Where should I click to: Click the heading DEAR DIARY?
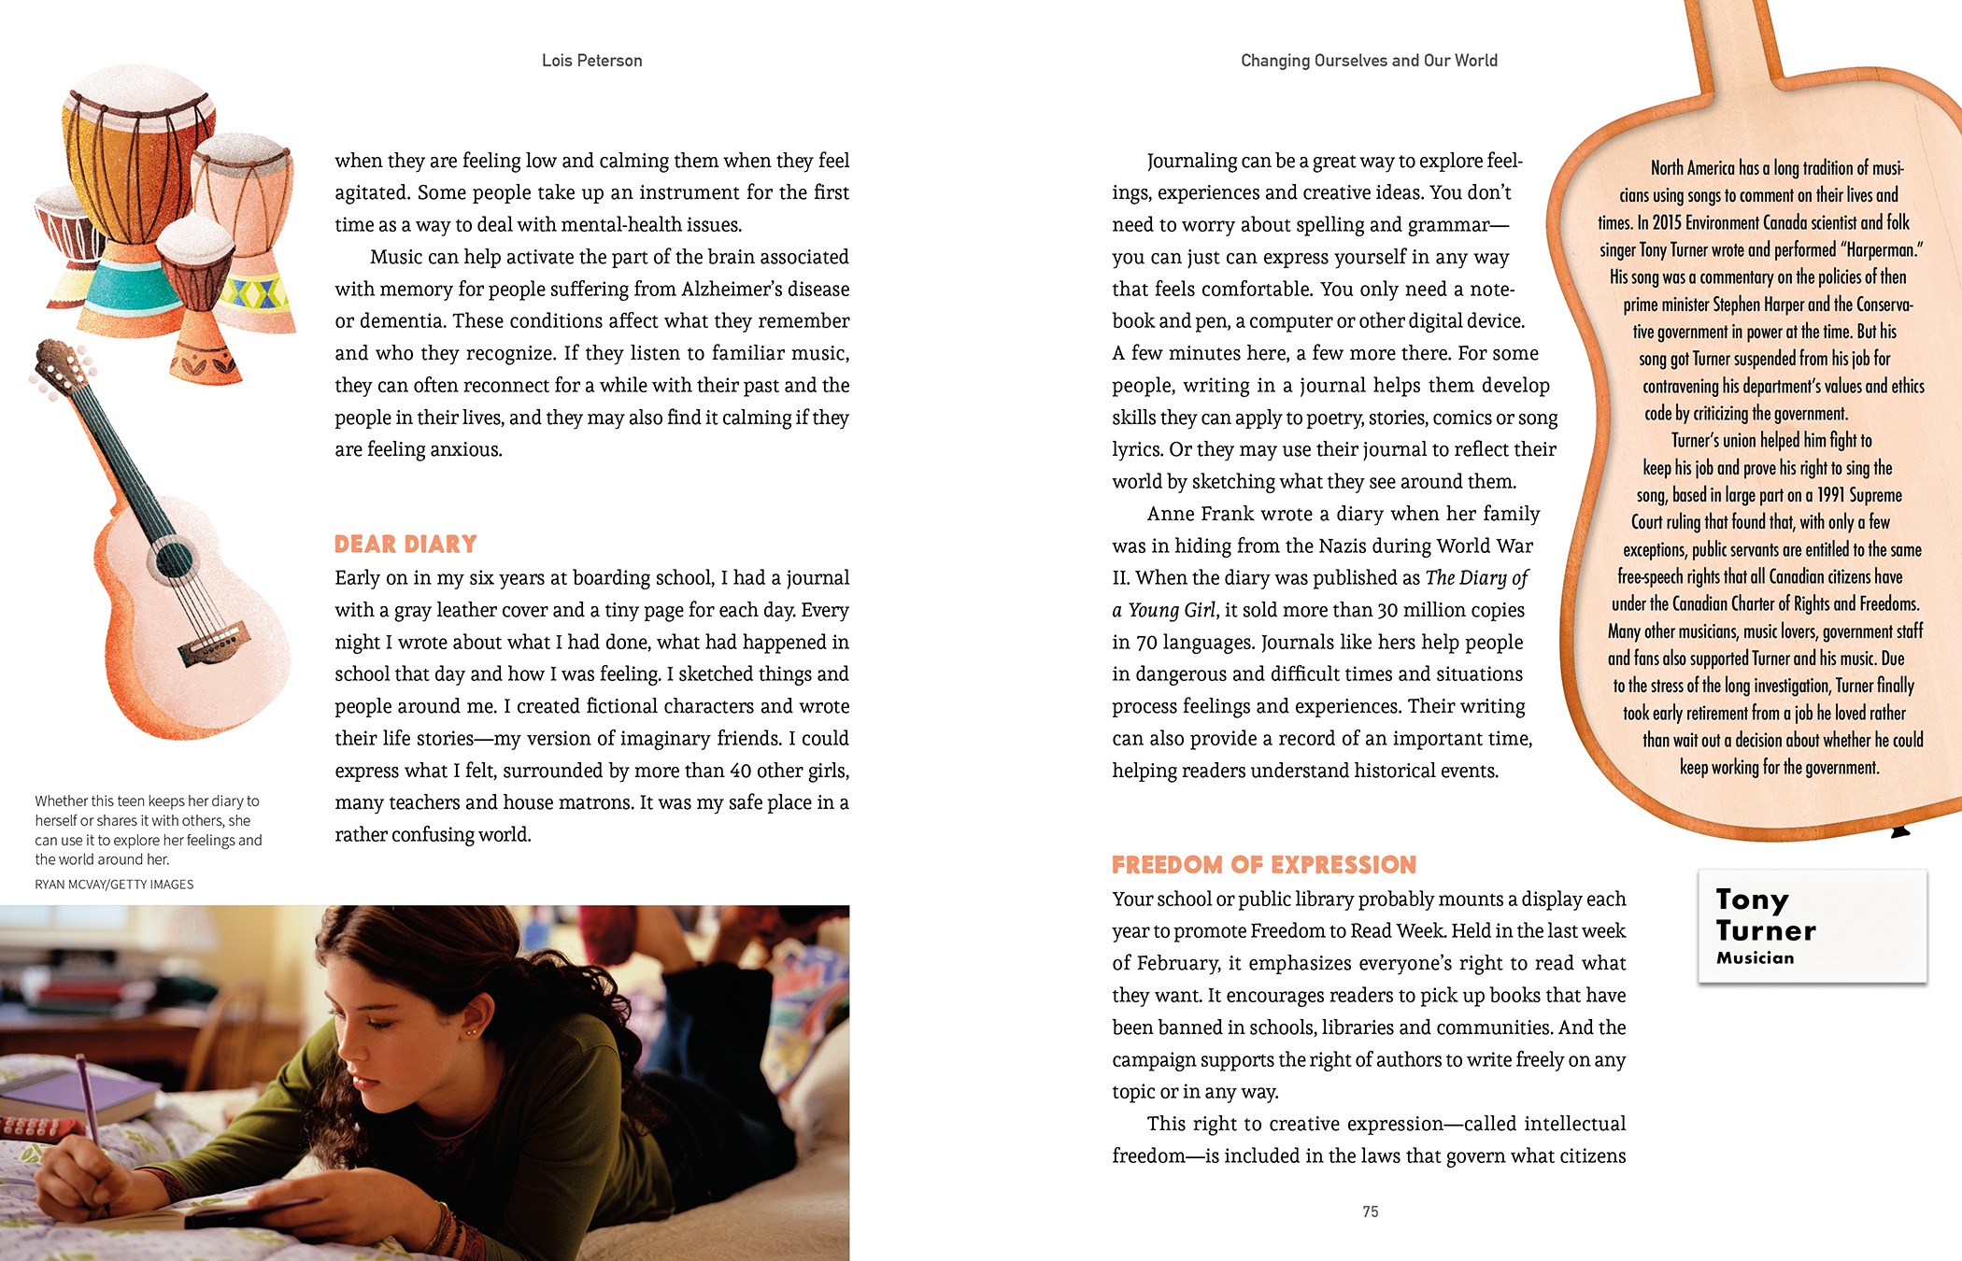405,545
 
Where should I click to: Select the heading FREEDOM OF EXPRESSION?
1263,865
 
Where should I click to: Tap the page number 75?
1370,1211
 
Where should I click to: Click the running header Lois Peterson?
591,61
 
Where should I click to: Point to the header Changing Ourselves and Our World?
1369,61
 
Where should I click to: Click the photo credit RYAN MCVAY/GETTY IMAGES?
114,885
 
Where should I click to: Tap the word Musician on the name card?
1755,958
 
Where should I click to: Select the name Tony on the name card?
1752,900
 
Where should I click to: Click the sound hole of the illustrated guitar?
174,560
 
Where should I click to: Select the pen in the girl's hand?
89,1102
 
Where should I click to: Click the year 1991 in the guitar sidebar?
1835,495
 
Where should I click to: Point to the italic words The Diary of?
1476,578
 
